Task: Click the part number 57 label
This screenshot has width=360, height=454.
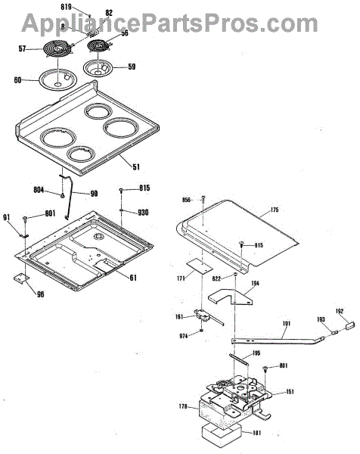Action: coord(22,48)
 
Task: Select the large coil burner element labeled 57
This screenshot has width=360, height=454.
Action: coord(57,48)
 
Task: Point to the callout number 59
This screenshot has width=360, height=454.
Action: coord(132,67)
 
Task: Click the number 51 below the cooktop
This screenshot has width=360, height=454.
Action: coord(136,166)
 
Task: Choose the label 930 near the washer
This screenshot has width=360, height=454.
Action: coord(143,213)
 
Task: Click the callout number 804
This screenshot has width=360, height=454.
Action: coord(39,190)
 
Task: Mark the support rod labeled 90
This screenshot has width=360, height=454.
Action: coord(69,194)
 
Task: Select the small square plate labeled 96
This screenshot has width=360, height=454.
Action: coord(21,278)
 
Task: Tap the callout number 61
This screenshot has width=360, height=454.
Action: coord(133,278)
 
